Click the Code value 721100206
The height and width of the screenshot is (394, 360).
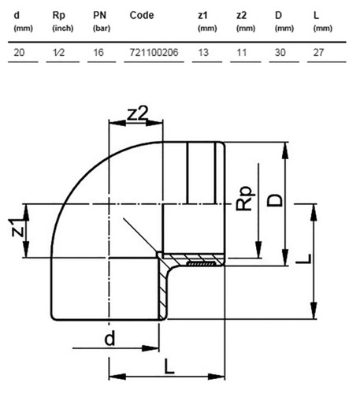click(x=154, y=53)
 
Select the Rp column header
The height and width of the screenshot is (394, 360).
click(x=59, y=16)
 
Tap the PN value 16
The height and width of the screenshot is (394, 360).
click(x=98, y=53)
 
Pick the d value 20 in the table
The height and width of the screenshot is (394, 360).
click(x=19, y=53)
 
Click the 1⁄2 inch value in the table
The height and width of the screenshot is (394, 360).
click(x=58, y=53)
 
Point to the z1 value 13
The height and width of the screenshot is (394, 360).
click(x=203, y=53)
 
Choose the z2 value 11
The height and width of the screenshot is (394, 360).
click(x=242, y=53)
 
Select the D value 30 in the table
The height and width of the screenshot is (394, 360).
click(x=280, y=53)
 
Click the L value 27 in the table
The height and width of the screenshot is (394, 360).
click(x=318, y=53)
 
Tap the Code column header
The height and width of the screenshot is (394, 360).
click(x=142, y=15)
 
